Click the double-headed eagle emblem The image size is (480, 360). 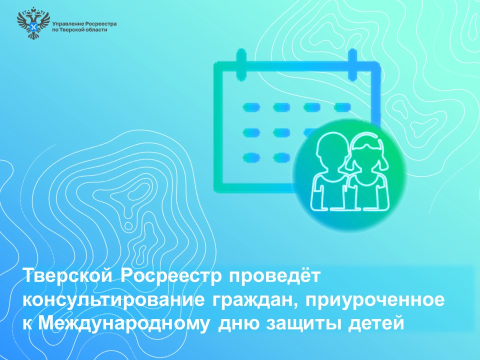pyautogui.click(x=33, y=24)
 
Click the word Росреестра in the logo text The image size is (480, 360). pyautogui.click(x=100, y=24)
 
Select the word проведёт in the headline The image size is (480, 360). pyautogui.click(x=274, y=276)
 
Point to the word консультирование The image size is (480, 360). pyautogui.click(x=113, y=300)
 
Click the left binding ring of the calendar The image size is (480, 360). pyautogui.click(x=241, y=63)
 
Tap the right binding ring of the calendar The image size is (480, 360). pyautogui.click(x=352, y=63)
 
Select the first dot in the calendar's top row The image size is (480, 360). pyautogui.click(x=251, y=107)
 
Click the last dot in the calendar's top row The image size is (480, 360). pyautogui.click(x=342, y=107)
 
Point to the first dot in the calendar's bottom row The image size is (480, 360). pyautogui.click(x=251, y=157)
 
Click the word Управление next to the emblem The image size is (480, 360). pyautogui.click(x=67, y=24)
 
